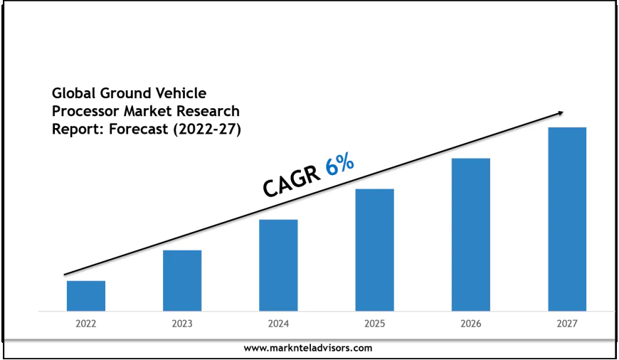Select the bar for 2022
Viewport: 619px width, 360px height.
tap(86, 296)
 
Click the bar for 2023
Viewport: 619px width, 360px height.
tap(182, 280)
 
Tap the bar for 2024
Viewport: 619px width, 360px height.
tap(278, 265)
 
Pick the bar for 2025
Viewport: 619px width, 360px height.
tap(374, 250)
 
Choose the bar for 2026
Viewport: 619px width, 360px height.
tap(470, 235)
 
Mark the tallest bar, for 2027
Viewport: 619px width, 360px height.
tap(567, 219)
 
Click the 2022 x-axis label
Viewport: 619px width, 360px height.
tap(86, 324)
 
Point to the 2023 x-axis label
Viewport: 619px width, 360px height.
tap(182, 324)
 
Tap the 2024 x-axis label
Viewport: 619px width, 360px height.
tap(278, 324)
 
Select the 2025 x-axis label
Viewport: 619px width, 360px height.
tap(374, 324)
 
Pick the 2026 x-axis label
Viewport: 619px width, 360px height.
tap(470, 324)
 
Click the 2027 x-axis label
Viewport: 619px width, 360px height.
tap(567, 324)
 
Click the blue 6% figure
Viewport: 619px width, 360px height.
tap(339, 165)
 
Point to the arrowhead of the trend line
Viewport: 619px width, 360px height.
tap(561, 112)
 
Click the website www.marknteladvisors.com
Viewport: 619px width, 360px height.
tap(308, 348)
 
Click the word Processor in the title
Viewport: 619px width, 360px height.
tap(85, 112)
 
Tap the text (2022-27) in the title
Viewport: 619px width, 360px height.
tap(206, 130)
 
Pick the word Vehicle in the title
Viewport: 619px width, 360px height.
tap(181, 93)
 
